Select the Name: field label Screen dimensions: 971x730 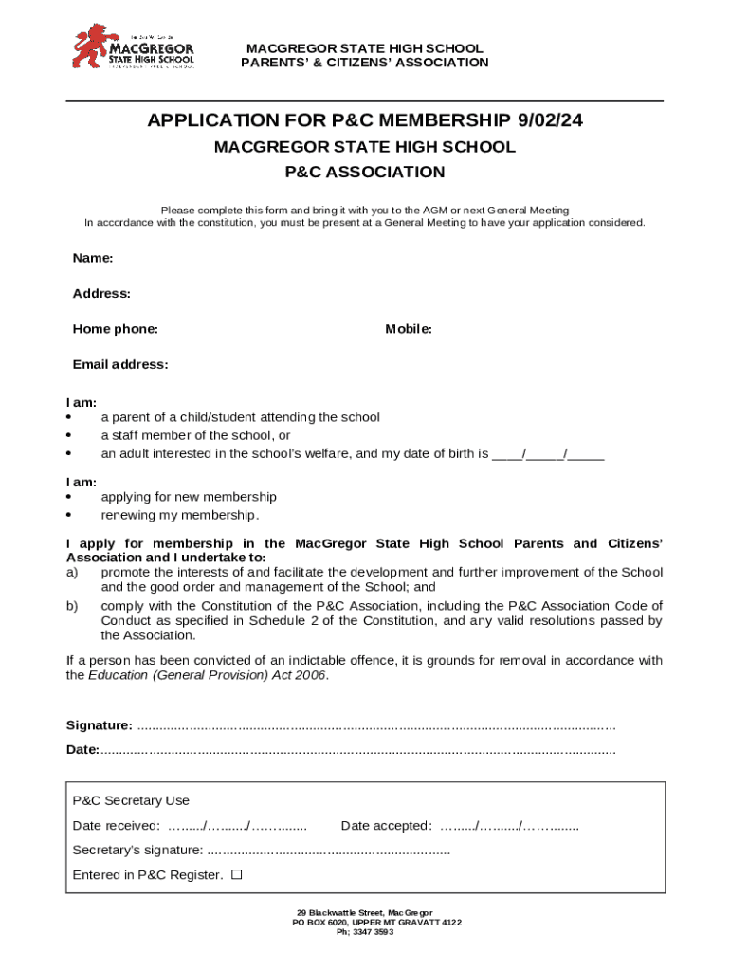tap(93, 258)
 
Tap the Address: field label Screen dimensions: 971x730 tap(101, 294)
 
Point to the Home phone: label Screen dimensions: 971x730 tap(115, 329)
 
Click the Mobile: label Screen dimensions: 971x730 tap(409, 329)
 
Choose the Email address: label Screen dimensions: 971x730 tap(120, 365)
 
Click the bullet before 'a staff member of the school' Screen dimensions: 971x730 tap(69, 436)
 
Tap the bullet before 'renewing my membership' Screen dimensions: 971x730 tap(69, 516)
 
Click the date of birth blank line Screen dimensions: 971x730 tap(548, 454)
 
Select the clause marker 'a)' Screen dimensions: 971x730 tap(71, 573)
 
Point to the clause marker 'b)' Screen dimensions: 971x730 tap(71, 606)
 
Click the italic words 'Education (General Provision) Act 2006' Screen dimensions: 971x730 tap(208, 675)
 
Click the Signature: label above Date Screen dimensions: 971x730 tap(99, 725)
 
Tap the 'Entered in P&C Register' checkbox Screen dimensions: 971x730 tap(236, 874)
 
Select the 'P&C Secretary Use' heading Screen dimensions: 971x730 tap(131, 801)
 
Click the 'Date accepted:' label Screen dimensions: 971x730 tap(386, 826)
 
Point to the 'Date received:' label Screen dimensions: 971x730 tap(116, 826)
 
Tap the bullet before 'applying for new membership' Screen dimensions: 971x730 tap(69, 498)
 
